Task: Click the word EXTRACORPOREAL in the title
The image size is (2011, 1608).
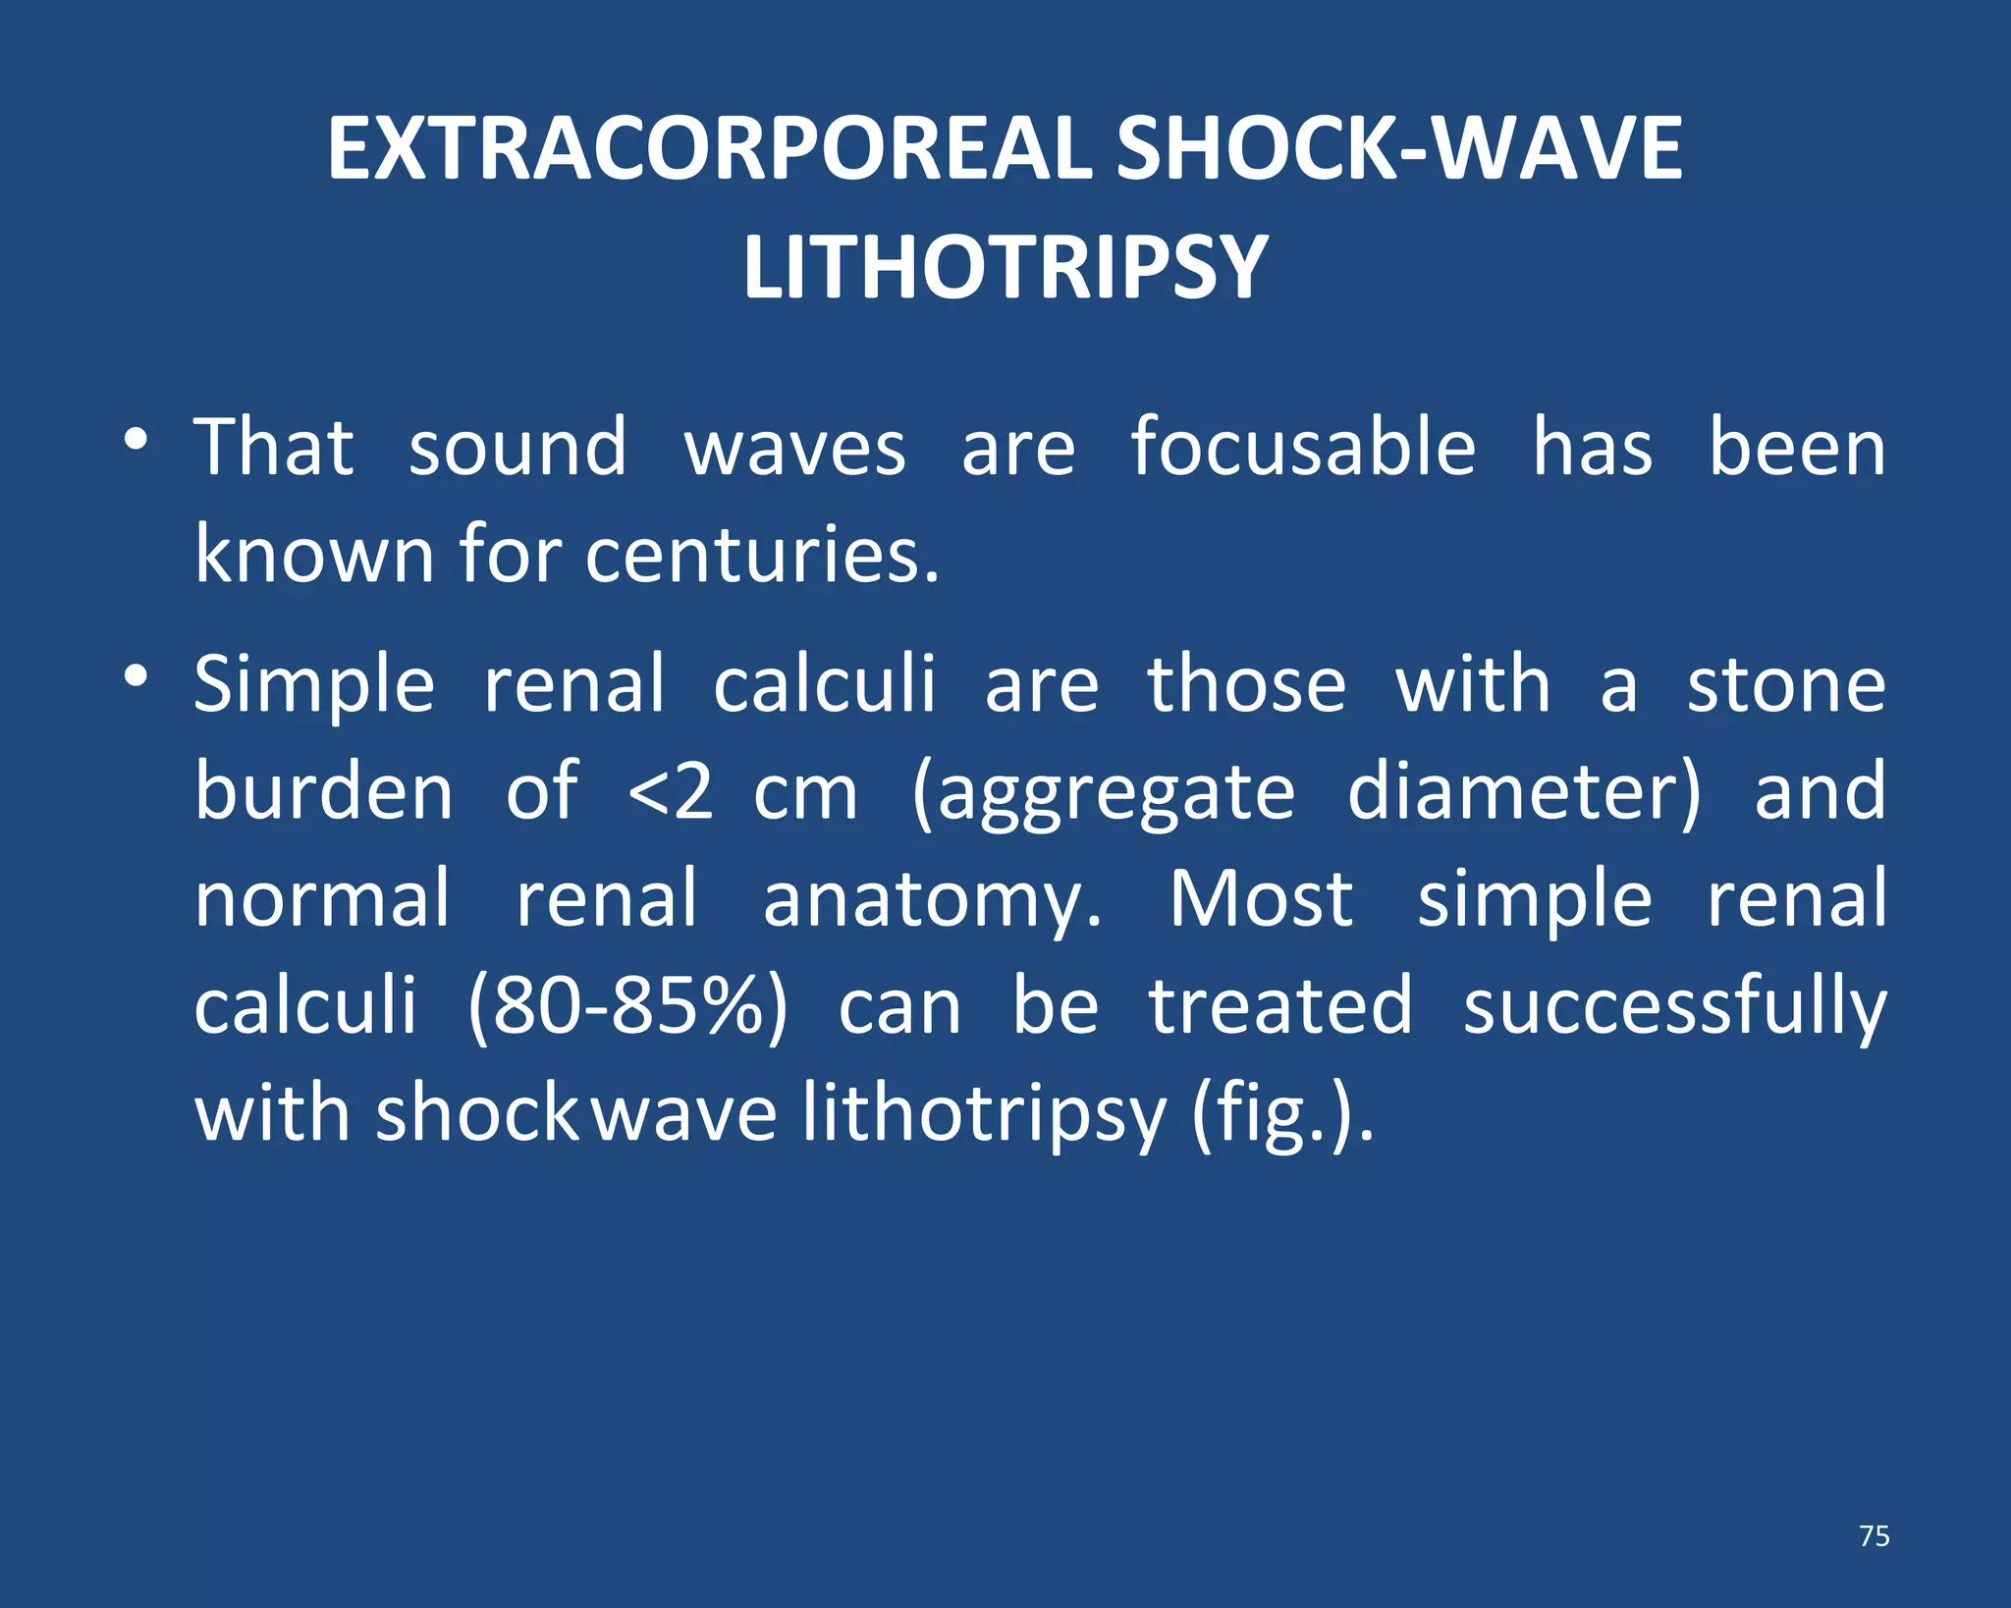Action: click(x=709, y=148)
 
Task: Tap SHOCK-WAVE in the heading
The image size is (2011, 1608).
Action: click(x=1399, y=148)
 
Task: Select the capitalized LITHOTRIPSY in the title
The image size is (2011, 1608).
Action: click(x=1005, y=267)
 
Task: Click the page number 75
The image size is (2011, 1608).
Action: click(x=1874, y=1535)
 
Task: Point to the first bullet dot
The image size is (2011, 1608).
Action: click(x=136, y=439)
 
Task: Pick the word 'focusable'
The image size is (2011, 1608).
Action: click(x=1303, y=448)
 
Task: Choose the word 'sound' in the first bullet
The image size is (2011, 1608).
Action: click(x=516, y=448)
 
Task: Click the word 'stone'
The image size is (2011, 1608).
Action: click(x=1786, y=684)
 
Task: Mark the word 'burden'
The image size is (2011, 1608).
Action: click(x=323, y=791)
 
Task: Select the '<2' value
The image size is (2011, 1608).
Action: click(x=670, y=791)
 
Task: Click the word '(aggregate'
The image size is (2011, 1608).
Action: click(x=1104, y=793)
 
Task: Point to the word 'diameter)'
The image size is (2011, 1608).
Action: click(x=1523, y=791)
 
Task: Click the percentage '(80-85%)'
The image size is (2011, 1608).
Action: click(x=627, y=1007)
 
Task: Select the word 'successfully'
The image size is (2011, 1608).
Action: click(x=1674, y=1007)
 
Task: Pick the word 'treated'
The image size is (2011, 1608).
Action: click(x=1280, y=1007)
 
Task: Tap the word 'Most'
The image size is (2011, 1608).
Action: click(x=1261, y=898)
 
